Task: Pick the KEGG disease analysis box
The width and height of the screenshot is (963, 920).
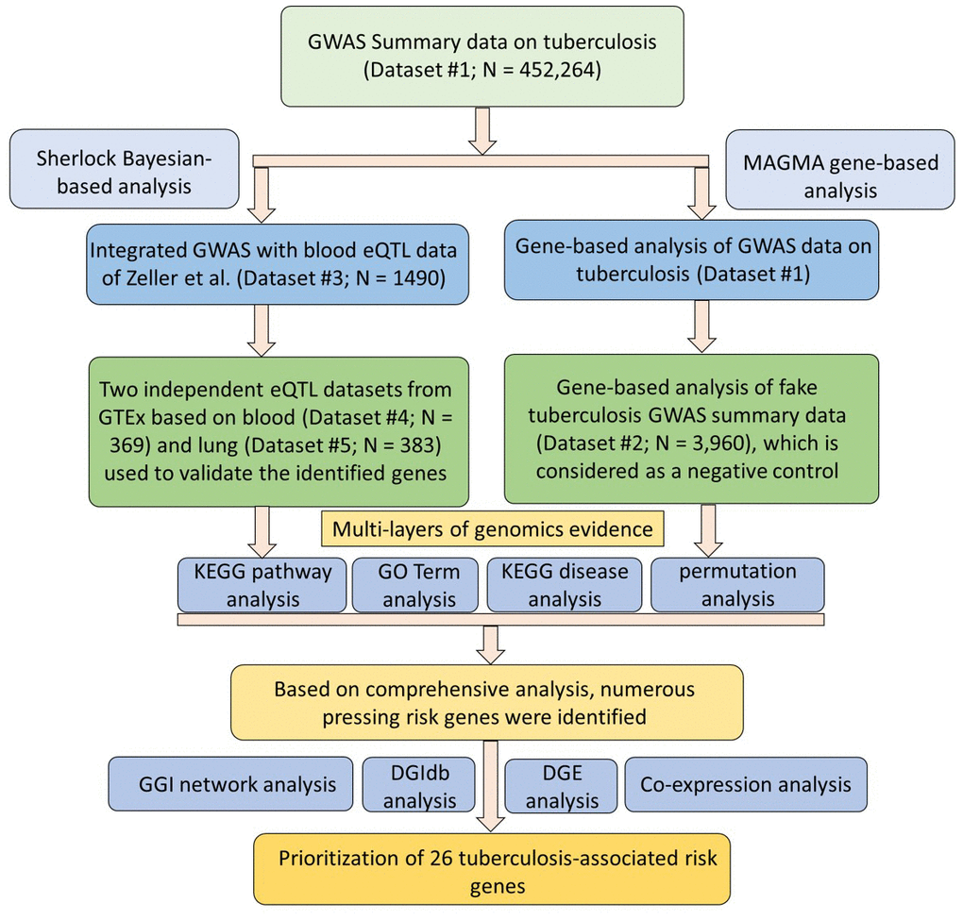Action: (x=565, y=585)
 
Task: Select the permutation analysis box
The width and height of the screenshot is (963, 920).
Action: (x=736, y=585)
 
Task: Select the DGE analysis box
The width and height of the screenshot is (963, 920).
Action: (x=562, y=784)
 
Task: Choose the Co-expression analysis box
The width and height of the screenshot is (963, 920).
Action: (x=745, y=784)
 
